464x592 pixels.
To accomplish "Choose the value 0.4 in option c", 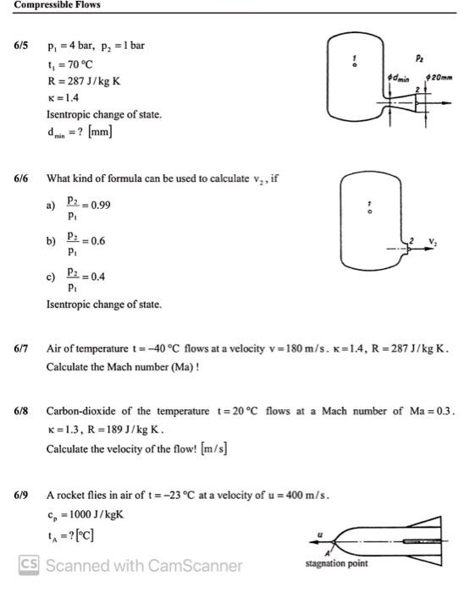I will click(96, 276).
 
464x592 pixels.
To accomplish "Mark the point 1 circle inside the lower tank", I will click(367, 212).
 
